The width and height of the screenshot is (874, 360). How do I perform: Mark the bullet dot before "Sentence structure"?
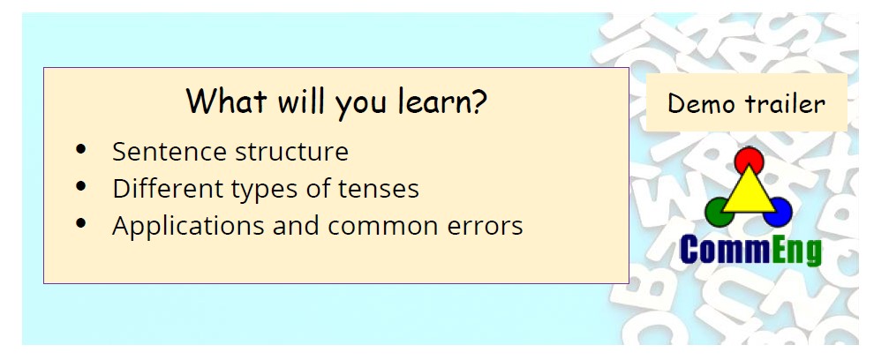point(81,149)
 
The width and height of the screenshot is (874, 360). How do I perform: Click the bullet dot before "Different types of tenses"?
point(81,186)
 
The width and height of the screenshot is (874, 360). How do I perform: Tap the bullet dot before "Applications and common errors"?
point(81,223)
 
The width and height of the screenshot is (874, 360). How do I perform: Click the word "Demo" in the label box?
point(699,103)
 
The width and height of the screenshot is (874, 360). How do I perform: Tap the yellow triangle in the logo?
point(749,192)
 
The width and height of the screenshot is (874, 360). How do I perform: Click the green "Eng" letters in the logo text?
point(797,251)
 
